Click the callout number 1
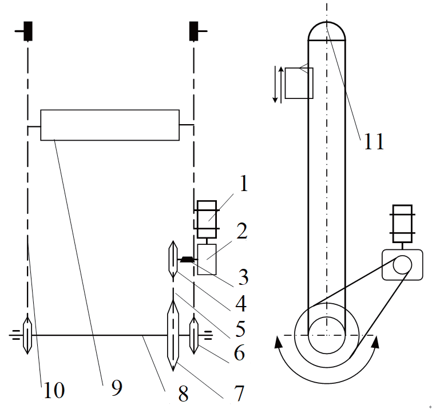click(x=244, y=183)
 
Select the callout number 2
click(x=242, y=231)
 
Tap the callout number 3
click(x=243, y=277)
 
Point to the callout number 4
click(x=241, y=303)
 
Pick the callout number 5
click(x=240, y=329)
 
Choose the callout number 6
click(x=239, y=353)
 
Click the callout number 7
click(x=239, y=393)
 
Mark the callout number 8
click(x=183, y=394)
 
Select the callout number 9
click(x=117, y=387)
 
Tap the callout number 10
click(x=54, y=390)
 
